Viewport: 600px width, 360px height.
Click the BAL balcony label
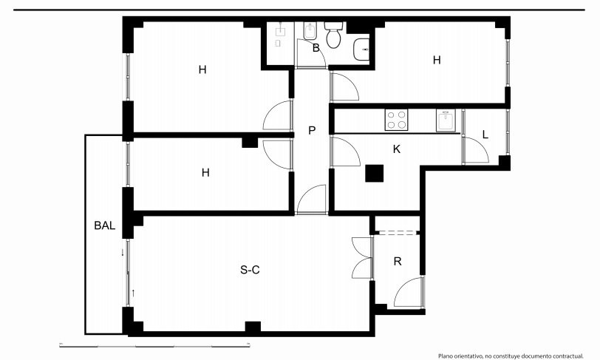(x=104, y=225)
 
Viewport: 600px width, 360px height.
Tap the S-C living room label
(x=250, y=270)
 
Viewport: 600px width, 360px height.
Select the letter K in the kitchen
(x=397, y=149)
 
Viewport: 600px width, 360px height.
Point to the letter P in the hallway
(x=312, y=131)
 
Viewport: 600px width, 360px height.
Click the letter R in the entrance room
(x=398, y=262)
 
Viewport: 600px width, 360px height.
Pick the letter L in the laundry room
(x=485, y=135)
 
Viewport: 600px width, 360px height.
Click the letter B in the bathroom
(x=316, y=48)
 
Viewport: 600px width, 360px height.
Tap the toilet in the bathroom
(x=334, y=35)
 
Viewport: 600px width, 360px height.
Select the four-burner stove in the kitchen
(x=396, y=120)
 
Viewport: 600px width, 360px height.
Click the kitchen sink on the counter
(x=446, y=120)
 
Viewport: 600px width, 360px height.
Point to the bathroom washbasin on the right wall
(x=361, y=50)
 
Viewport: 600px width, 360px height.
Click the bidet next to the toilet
(x=310, y=31)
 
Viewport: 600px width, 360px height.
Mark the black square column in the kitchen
(x=374, y=173)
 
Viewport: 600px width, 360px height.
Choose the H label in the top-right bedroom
(x=437, y=60)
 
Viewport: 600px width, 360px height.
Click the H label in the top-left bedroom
(x=202, y=69)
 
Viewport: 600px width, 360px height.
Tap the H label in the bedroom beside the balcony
(x=205, y=173)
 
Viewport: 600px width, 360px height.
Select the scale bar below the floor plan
(x=154, y=346)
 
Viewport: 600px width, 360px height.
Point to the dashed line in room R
(x=396, y=232)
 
